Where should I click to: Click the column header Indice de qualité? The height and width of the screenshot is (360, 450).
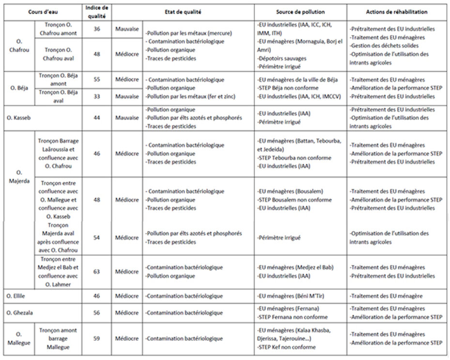tap(97, 11)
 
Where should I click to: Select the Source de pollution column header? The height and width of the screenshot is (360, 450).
tap(300, 12)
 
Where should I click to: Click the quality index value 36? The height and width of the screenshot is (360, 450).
tap(97, 29)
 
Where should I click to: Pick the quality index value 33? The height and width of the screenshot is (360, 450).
tap(97, 96)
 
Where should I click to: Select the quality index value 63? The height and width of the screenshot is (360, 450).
tap(97, 271)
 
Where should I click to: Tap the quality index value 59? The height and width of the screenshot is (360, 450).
tap(97, 339)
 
